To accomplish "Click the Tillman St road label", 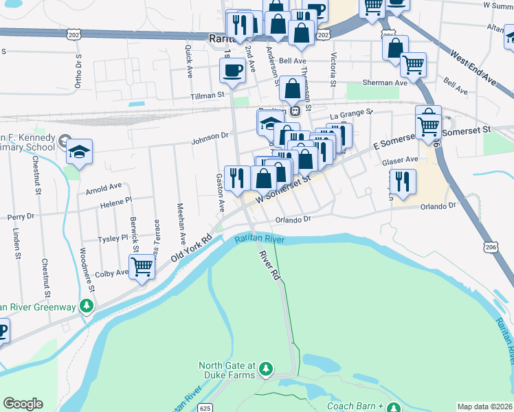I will [208, 95].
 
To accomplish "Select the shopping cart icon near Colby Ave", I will [142, 266].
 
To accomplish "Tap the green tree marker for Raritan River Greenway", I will [87, 305].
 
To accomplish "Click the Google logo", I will [23, 404].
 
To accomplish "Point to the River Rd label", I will [269, 264].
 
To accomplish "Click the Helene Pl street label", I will [115, 202].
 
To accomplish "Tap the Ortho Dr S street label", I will [78, 71].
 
